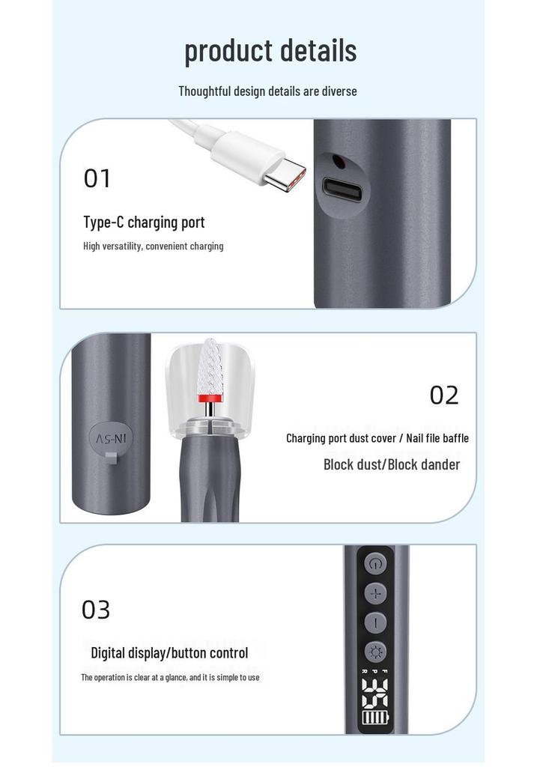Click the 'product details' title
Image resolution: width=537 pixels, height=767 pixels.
coord(270,51)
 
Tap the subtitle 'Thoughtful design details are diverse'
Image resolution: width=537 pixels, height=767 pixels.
coord(267,91)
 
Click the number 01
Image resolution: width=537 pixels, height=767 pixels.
coord(97,178)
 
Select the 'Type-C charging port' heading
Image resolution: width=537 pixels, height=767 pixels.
coord(144,222)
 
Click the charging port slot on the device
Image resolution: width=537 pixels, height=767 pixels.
coord(342,188)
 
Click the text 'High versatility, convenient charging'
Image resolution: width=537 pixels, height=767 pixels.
coord(153,246)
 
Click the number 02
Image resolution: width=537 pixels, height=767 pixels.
coord(444,395)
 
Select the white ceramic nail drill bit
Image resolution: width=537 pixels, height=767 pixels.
coord(210,365)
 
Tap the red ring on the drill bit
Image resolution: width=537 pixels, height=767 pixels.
coord(210,398)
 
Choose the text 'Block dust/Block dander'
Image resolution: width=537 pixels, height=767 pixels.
coord(392,464)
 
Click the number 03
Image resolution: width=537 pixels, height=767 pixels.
coord(96,610)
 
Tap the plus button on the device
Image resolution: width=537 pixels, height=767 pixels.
coord(376,593)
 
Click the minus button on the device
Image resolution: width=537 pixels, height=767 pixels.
coord(376,622)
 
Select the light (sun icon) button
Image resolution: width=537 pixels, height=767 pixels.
coord(376,652)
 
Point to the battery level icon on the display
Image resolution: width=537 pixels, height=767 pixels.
coord(376,718)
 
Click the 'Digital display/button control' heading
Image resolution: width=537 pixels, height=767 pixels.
coord(169,653)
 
